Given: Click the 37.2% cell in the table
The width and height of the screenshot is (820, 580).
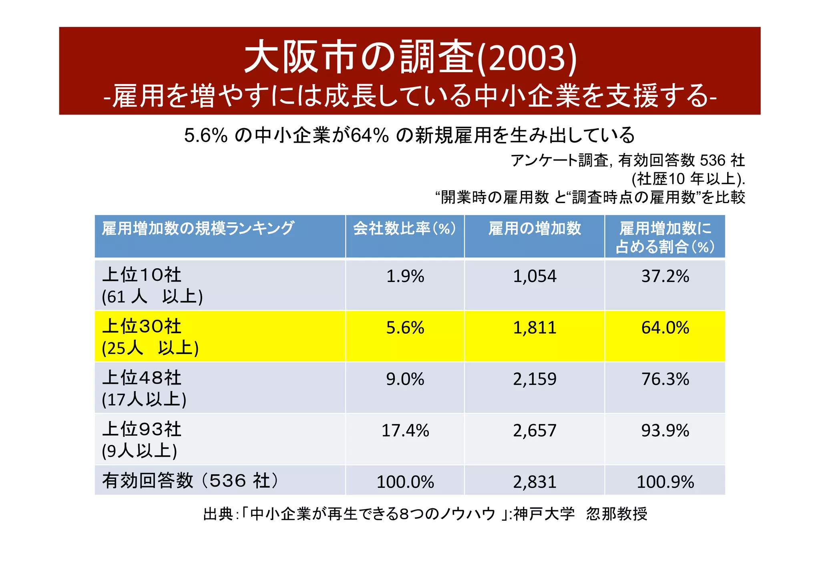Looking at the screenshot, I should [x=665, y=276].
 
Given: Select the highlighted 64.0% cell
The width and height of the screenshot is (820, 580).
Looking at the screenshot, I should [x=665, y=328].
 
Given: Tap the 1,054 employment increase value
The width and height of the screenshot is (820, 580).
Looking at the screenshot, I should [x=535, y=276].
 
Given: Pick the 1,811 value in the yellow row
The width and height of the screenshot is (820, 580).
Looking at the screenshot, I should [x=535, y=328].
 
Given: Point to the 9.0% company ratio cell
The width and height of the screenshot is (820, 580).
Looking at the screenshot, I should [x=405, y=379].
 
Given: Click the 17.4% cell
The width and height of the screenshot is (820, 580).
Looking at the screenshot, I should [x=405, y=431].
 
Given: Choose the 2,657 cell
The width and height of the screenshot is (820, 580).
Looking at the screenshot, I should [x=535, y=431].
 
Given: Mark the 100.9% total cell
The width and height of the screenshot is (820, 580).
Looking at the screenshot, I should [x=665, y=482].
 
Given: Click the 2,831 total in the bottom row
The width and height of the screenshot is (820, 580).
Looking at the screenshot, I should [x=535, y=482].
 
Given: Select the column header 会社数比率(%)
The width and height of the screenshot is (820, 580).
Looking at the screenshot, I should [x=404, y=228].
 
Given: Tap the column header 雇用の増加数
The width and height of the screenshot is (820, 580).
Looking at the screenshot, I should [x=535, y=228].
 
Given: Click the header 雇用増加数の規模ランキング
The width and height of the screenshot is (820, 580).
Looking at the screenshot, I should [x=198, y=228].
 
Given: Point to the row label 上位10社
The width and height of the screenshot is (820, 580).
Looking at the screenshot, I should [x=142, y=275].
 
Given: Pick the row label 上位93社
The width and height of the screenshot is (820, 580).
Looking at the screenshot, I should [x=142, y=429].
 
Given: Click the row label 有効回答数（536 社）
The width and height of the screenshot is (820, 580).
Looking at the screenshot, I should [x=190, y=480].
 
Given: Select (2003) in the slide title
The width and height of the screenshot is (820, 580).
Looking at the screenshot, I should [x=528, y=58].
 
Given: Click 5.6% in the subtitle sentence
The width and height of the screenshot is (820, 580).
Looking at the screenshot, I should [x=205, y=135].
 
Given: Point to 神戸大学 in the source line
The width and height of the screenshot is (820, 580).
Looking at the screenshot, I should [x=544, y=514].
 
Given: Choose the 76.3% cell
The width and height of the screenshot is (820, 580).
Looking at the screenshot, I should [x=665, y=379].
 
